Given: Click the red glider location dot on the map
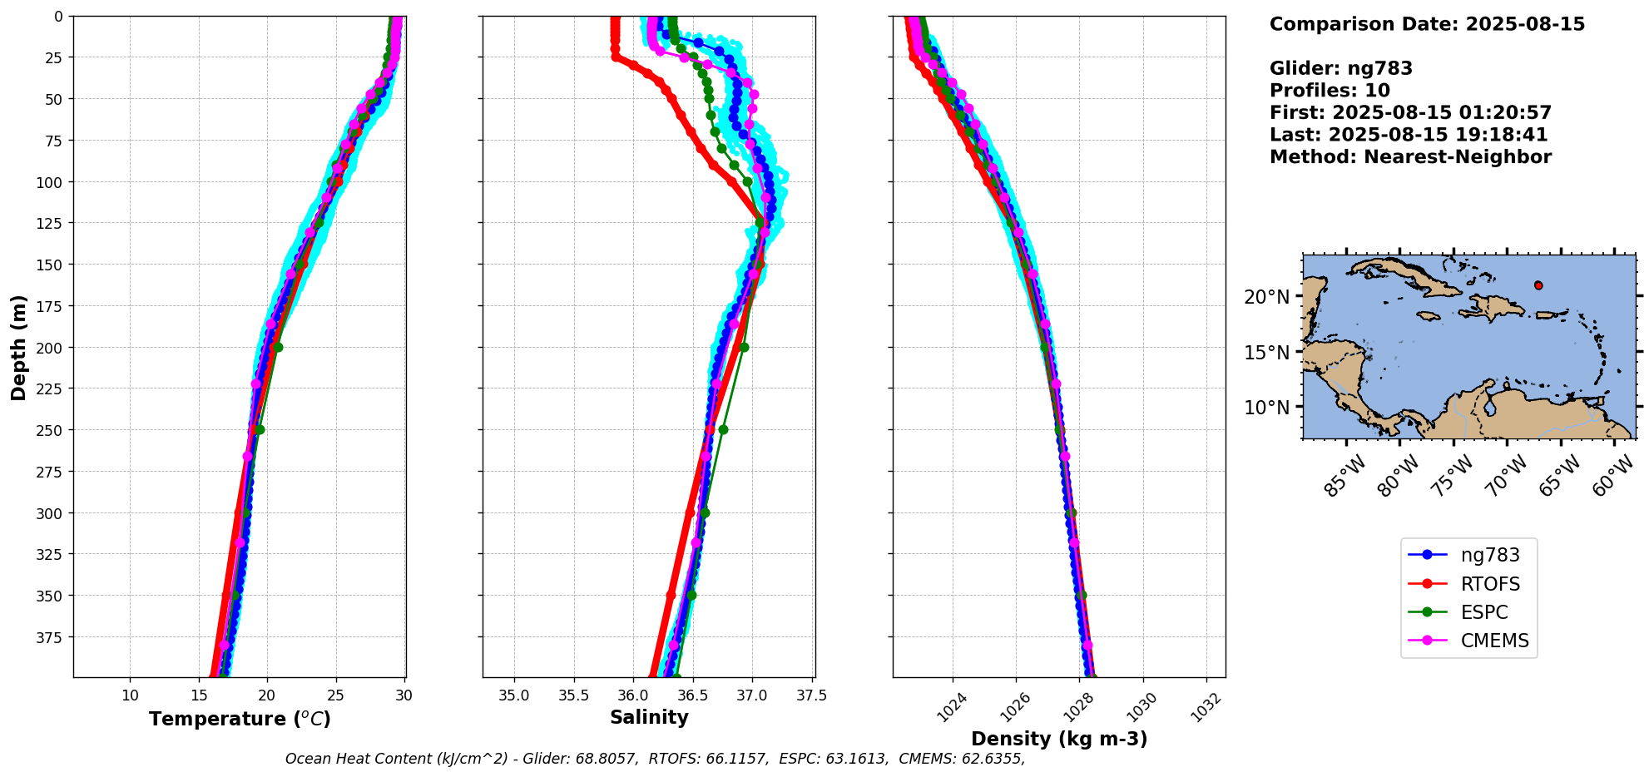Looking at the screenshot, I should (1538, 285).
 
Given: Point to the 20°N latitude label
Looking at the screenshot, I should (1266, 297).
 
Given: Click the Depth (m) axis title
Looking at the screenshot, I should (18, 347).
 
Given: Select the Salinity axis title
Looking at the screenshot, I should (649, 717).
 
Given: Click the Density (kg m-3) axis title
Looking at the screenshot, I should (1059, 739).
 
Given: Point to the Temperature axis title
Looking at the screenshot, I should (240, 719).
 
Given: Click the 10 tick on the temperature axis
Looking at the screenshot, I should (130, 695).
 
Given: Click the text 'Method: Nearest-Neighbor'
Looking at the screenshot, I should (1410, 157).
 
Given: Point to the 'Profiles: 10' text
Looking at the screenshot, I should (1330, 91).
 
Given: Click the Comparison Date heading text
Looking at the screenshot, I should (1427, 24).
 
